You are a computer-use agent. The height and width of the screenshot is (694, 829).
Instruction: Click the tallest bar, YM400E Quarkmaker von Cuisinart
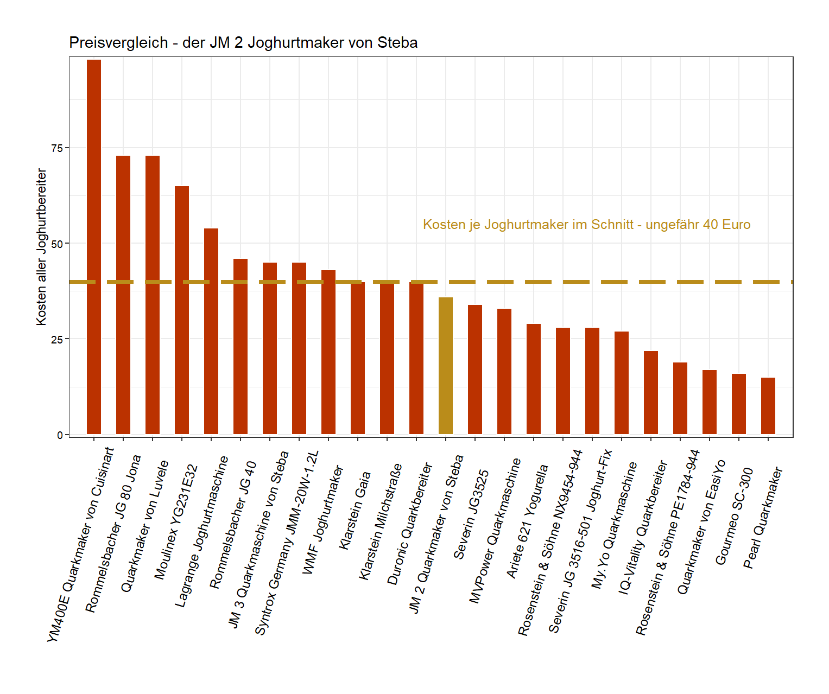tap(94, 247)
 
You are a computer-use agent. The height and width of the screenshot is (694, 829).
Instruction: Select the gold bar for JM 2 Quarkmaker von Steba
tap(446, 366)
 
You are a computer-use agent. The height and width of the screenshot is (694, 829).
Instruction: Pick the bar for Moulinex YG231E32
tap(182, 310)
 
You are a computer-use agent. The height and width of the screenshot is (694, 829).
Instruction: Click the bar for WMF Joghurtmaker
tap(328, 352)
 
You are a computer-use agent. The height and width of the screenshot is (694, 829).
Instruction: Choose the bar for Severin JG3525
tap(475, 370)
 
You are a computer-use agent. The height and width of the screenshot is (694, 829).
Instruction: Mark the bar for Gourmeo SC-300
tap(739, 404)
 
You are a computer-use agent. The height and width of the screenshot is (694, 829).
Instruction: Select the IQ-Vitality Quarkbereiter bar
tap(651, 393)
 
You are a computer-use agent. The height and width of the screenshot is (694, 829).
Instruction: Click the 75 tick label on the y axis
tap(57, 148)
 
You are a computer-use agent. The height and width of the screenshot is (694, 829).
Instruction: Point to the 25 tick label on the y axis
tap(57, 339)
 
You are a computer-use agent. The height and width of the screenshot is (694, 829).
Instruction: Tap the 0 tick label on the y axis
tap(60, 435)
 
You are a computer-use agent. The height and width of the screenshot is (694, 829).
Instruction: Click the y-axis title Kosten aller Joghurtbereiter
tap(41, 247)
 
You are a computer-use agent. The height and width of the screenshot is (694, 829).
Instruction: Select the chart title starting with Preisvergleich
tap(243, 43)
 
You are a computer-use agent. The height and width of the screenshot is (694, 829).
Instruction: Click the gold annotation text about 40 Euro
tap(586, 225)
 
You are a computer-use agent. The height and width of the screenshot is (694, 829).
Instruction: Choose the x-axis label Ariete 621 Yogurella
tap(527, 521)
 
